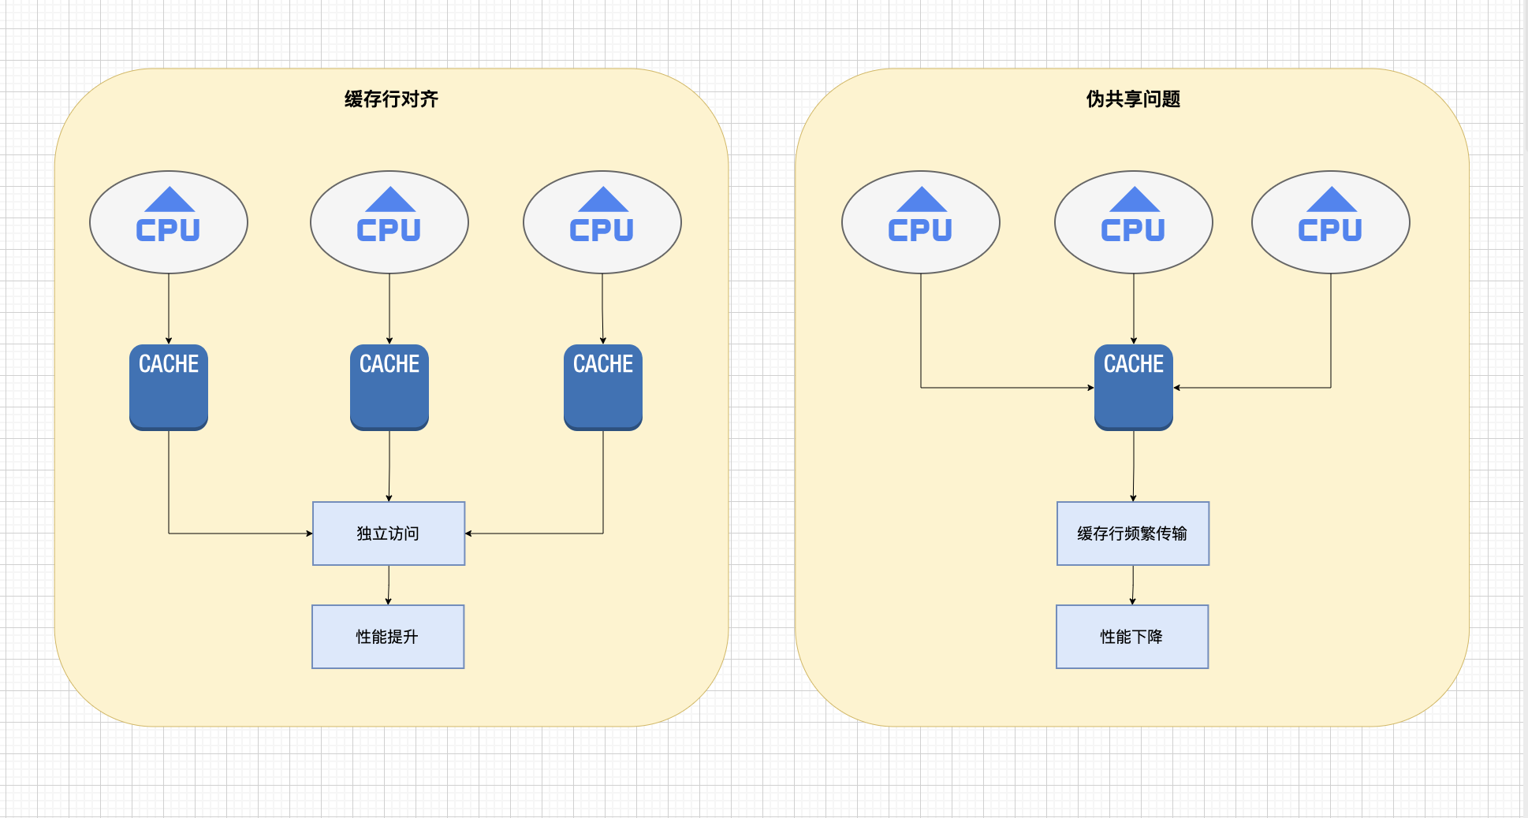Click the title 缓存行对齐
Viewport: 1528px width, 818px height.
(391, 99)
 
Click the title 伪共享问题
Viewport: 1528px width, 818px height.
(1133, 99)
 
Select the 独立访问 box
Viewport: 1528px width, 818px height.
(389, 534)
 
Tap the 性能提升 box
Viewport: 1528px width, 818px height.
(388, 637)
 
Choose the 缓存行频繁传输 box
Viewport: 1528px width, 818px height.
(1133, 534)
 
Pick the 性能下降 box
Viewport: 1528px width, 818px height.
(1132, 637)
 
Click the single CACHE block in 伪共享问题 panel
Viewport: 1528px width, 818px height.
(1134, 387)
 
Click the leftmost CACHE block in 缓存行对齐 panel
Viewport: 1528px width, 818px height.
(169, 387)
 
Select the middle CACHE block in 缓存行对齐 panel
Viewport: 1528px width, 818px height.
(389, 387)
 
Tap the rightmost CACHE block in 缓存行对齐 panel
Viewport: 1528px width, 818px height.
(603, 387)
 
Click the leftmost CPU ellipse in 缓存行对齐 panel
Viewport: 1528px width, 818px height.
(169, 222)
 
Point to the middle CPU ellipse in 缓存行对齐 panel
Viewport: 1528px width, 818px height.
(389, 222)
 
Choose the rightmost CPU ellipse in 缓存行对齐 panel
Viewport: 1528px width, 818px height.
(602, 222)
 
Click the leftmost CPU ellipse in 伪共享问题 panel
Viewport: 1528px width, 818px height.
(921, 222)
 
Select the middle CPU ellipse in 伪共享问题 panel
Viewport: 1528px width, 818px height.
(1134, 222)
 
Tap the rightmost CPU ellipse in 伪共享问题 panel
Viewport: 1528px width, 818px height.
(1331, 222)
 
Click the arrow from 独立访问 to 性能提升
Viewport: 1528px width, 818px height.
(389, 585)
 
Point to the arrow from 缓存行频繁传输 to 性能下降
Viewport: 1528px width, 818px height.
(1133, 585)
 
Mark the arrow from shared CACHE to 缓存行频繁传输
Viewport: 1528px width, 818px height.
(1134, 466)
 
